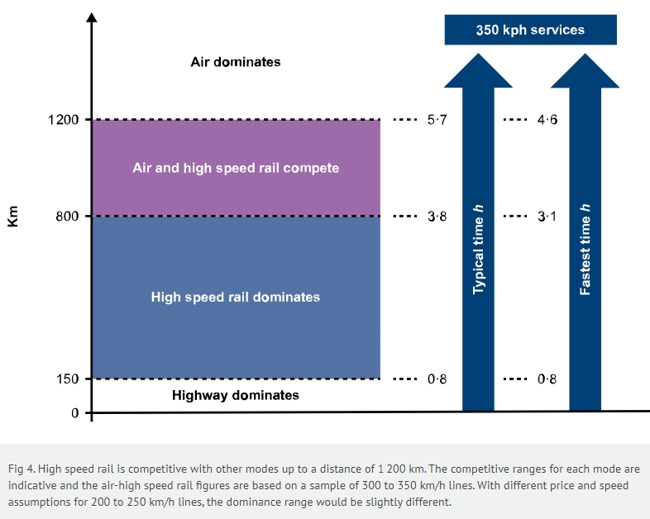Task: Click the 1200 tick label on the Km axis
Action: coord(65,120)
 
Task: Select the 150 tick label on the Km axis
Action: coord(69,379)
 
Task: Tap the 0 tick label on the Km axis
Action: coord(74,412)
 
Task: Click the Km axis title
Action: coord(12,217)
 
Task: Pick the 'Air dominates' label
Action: coord(236,62)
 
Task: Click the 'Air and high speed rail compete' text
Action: coord(236,168)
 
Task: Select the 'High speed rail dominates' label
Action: coord(236,297)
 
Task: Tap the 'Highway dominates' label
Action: coord(236,395)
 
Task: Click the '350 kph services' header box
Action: coord(530,30)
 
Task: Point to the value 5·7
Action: coord(437,120)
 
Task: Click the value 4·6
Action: coord(547,120)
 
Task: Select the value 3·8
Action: coord(437,217)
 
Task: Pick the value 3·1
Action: coord(547,217)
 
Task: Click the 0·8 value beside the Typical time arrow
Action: coord(437,379)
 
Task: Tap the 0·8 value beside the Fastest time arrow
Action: coord(547,379)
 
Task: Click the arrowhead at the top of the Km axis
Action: coord(92,18)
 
